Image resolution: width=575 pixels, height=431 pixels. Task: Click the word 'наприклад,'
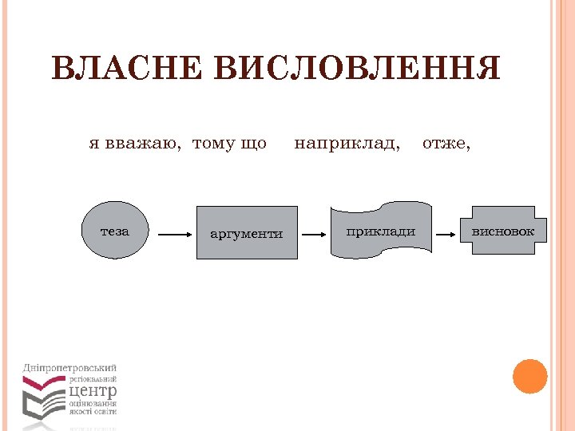(x=347, y=144)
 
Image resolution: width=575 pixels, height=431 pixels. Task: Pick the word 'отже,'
(x=446, y=144)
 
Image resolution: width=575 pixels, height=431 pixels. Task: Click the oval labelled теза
(x=116, y=231)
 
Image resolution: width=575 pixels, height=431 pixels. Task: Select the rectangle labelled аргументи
(x=246, y=233)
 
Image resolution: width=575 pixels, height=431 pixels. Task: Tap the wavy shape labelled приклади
(x=381, y=231)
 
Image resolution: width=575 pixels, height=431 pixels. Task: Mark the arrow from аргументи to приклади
(x=315, y=235)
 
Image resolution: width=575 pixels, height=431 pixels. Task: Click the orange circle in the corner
(x=529, y=376)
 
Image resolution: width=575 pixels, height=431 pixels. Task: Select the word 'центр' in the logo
(x=93, y=391)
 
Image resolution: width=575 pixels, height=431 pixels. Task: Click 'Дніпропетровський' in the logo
(x=70, y=367)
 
